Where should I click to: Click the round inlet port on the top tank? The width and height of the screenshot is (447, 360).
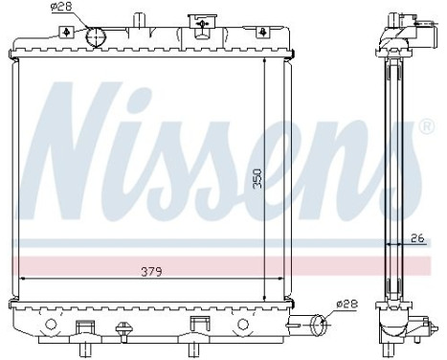(97, 36)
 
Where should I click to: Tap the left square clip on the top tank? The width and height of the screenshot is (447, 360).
(64, 32)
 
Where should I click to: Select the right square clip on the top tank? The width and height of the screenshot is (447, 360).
(262, 32)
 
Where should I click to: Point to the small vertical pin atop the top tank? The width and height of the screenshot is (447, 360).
(140, 18)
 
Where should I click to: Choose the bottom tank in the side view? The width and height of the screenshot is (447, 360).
(397, 321)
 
